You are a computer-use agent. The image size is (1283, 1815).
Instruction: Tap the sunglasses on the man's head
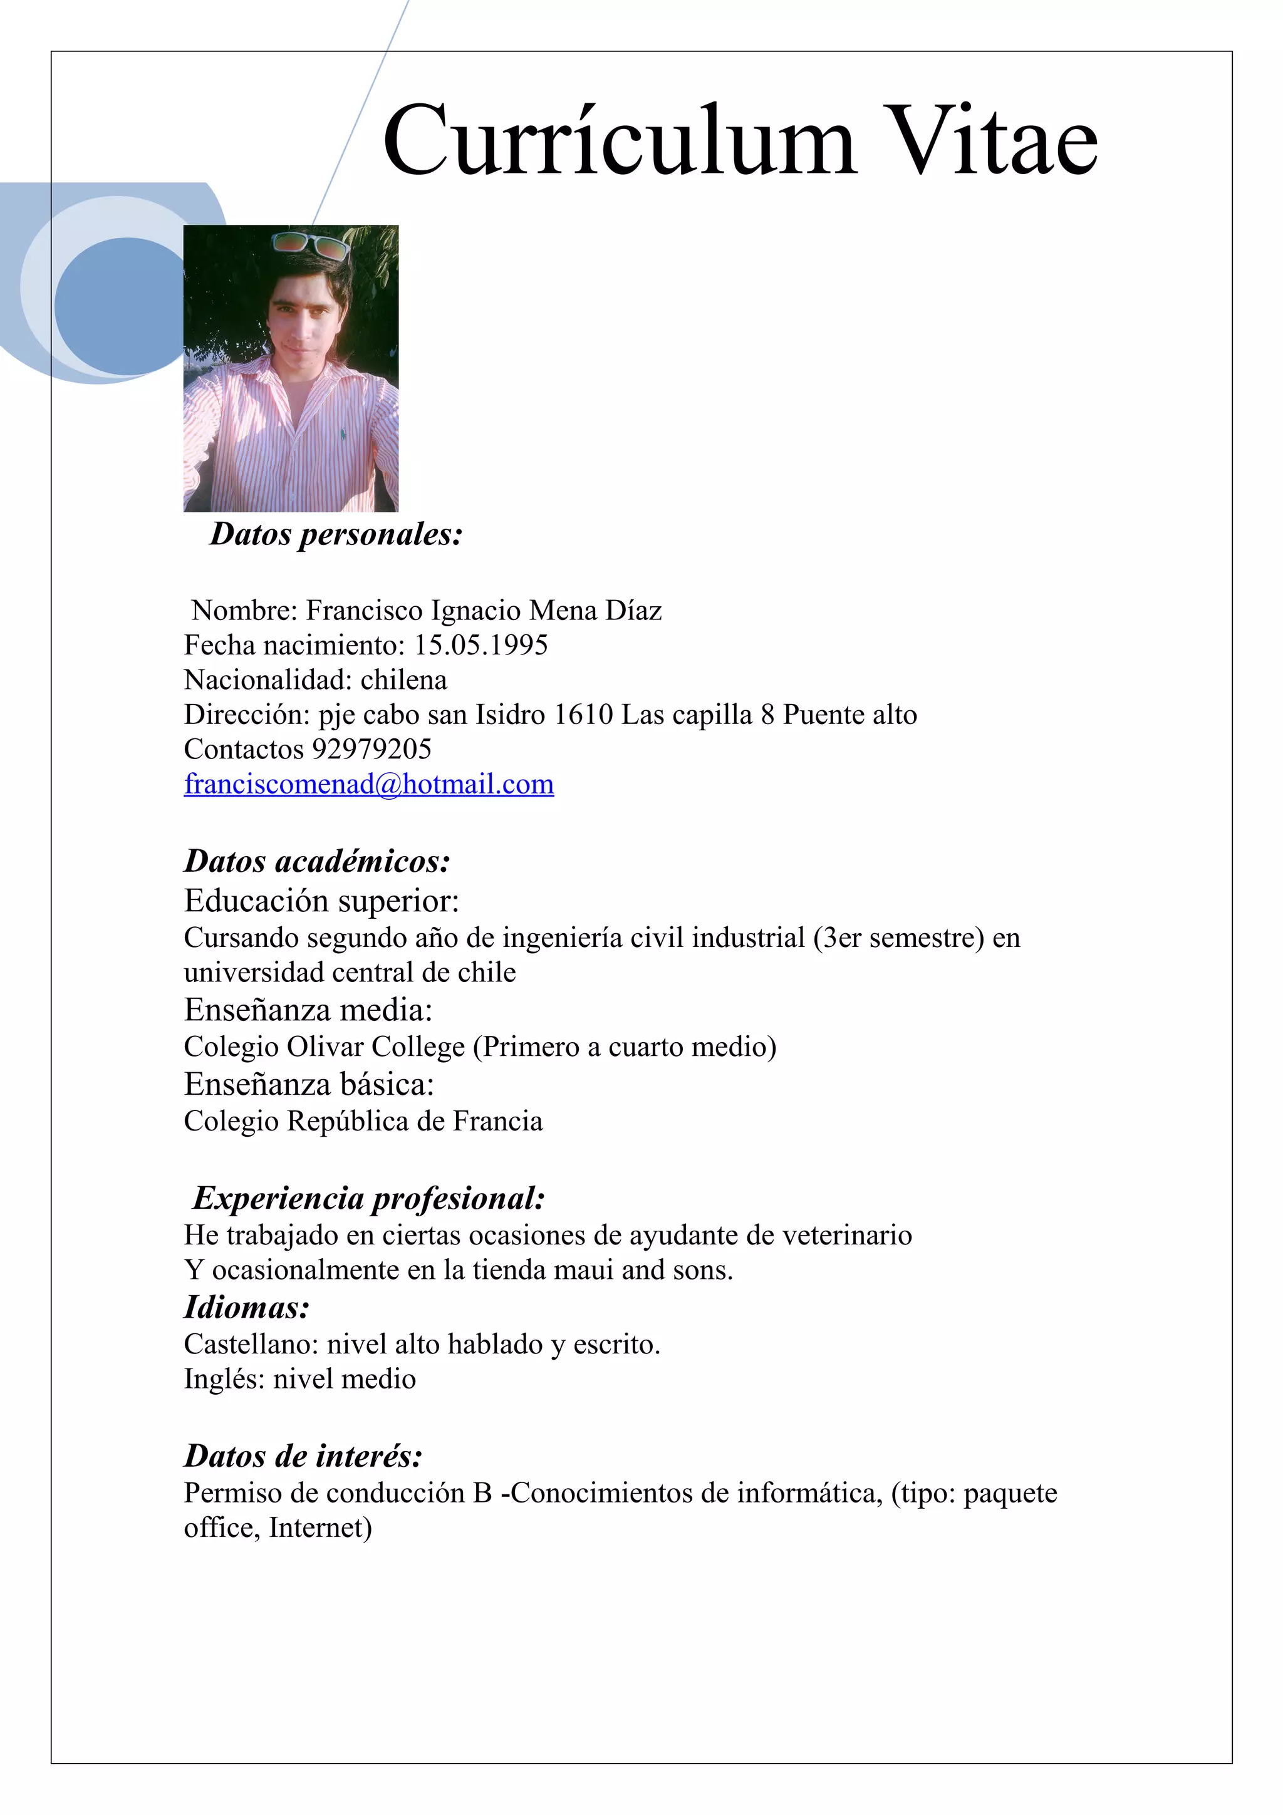[311, 246]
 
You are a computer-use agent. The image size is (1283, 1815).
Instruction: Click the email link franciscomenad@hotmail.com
[368, 784]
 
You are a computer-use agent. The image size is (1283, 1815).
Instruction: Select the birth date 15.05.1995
[480, 646]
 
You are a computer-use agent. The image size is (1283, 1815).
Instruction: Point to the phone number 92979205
[371, 750]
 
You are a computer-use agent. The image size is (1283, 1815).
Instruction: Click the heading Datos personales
[336, 534]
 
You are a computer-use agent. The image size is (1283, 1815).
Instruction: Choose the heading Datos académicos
[317, 861]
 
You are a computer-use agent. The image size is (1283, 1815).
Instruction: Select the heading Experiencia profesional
[368, 1198]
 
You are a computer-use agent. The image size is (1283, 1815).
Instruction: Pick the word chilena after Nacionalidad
[403, 680]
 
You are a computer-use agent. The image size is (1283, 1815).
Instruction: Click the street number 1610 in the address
[583, 715]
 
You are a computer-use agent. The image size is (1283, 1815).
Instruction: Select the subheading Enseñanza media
[308, 1010]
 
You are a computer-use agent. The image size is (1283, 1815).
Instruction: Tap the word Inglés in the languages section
[224, 1378]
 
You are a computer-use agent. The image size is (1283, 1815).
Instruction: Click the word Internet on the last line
[319, 1528]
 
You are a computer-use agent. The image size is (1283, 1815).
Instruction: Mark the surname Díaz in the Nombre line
[633, 610]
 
